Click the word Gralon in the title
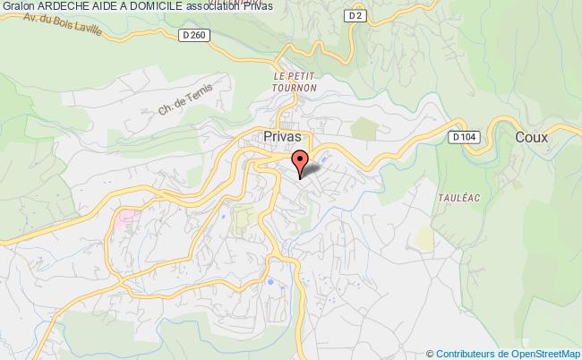tap(17, 6)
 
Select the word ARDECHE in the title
tap(63, 6)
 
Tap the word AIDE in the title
tap(107, 6)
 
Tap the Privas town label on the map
tap(282, 137)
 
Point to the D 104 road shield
tap(463, 136)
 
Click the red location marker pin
tap(299, 162)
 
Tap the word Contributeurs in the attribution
tap(468, 353)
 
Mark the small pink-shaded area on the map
tap(126, 218)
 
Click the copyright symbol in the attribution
tap(431, 353)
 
